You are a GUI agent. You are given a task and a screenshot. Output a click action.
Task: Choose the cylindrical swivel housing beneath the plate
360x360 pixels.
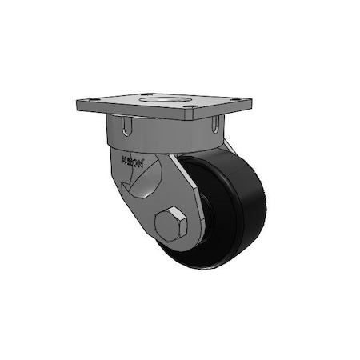click(x=168, y=132)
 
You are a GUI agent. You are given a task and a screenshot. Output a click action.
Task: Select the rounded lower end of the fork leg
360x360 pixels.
click(x=172, y=240)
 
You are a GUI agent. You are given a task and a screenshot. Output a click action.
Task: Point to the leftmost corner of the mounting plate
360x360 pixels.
click(x=77, y=105)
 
